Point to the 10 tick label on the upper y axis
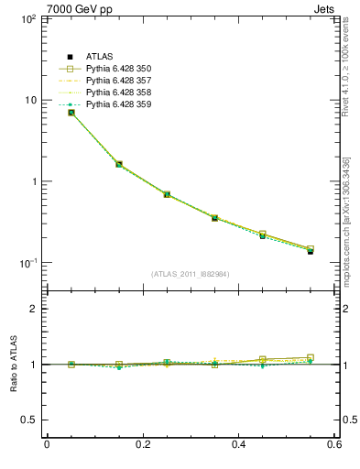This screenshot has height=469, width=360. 29,100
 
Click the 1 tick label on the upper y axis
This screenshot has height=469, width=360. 33,181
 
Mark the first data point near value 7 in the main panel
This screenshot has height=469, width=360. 71,113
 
